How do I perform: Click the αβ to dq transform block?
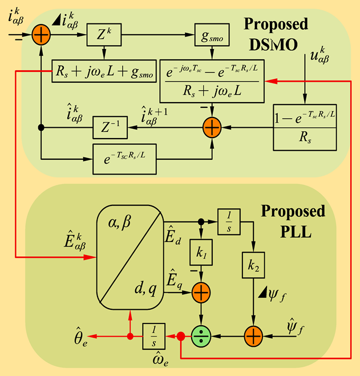(x=130, y=254)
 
